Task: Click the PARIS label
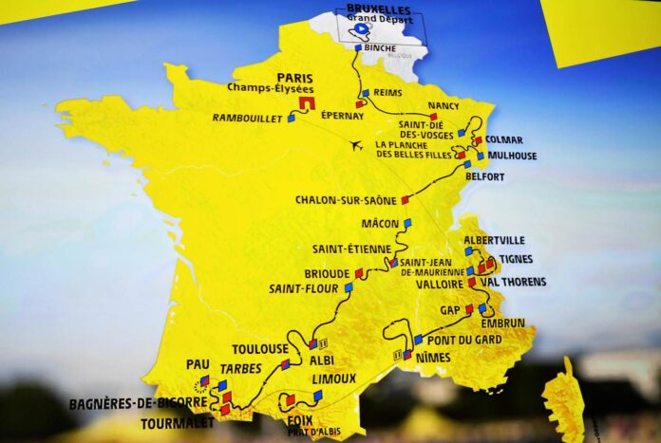[x=294, y=78]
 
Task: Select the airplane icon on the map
[x=356, y=145]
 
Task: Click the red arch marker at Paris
[x=307, y=102]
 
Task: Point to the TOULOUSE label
[x=259, y=348]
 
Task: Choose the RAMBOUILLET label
[x=247, y=119]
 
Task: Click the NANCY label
[x=444, y=105]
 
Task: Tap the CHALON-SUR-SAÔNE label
[x=346, y=200]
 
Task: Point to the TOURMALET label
[x=177, y=423]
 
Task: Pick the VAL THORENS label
[x=513, y=282]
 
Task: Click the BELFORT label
[x=485, y=176]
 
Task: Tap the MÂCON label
[x=380, y=224]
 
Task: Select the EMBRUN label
[x=503, y=323]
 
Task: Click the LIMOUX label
[x=333, y=378]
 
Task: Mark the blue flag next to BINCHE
[x=358, y=47]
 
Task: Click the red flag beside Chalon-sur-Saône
[x=405, y=199]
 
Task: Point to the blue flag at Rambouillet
[x=292, y=119]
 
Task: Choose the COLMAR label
[x=504, y=139]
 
